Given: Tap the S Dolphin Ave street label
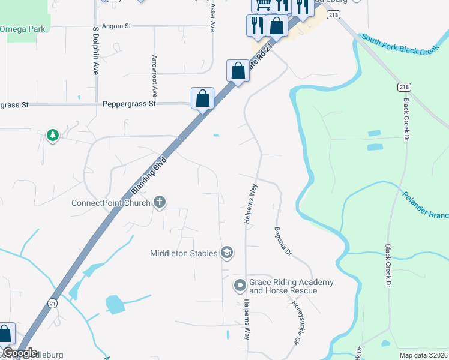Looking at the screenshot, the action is click(x=95, y=58).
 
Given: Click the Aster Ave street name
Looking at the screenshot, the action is click(x=212, y=17).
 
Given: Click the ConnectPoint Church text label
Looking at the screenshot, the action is click(x=111, y=202).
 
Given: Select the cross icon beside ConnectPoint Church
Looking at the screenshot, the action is click(x=160, y=202).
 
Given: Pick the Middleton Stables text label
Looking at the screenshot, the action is click(x=183, y=253).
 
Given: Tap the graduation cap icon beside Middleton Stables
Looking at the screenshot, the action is click(x=227, y=253).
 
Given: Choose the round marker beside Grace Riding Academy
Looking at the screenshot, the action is click(x=240, y=286).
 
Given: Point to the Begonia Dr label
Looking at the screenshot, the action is click(x=282, y=241).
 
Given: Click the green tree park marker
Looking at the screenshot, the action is click(x=53, y=136).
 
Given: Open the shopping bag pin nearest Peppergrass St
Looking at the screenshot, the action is click(x=203, y=98).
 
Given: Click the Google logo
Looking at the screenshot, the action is click(x=19, y=353).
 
